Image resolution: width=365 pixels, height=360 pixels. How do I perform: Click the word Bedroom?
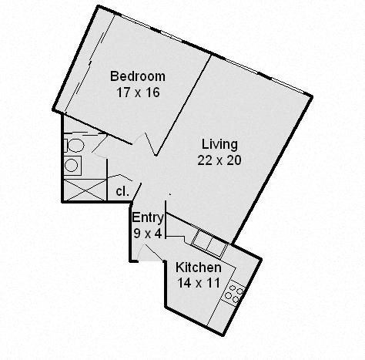tap(138, 76)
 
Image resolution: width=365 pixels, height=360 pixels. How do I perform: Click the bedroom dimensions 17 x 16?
tap(138, 90)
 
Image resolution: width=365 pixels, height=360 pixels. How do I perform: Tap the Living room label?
tap(219, 144)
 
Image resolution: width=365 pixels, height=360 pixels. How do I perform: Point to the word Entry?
tap(147, 218)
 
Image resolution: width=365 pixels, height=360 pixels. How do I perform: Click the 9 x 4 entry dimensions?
tap(146, 232)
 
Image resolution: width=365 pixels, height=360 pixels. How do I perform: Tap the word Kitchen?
tap(199, 267)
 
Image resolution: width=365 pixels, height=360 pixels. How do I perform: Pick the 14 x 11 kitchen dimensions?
tap(199, 282)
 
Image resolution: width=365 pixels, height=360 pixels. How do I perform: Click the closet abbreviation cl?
tap(122, 190)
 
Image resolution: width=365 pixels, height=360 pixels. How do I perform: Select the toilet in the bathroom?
tap(74, 145)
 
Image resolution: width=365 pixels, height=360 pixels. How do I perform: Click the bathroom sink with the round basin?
tap(72, 164)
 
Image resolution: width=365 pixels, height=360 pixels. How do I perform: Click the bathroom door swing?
tap(100, 146)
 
